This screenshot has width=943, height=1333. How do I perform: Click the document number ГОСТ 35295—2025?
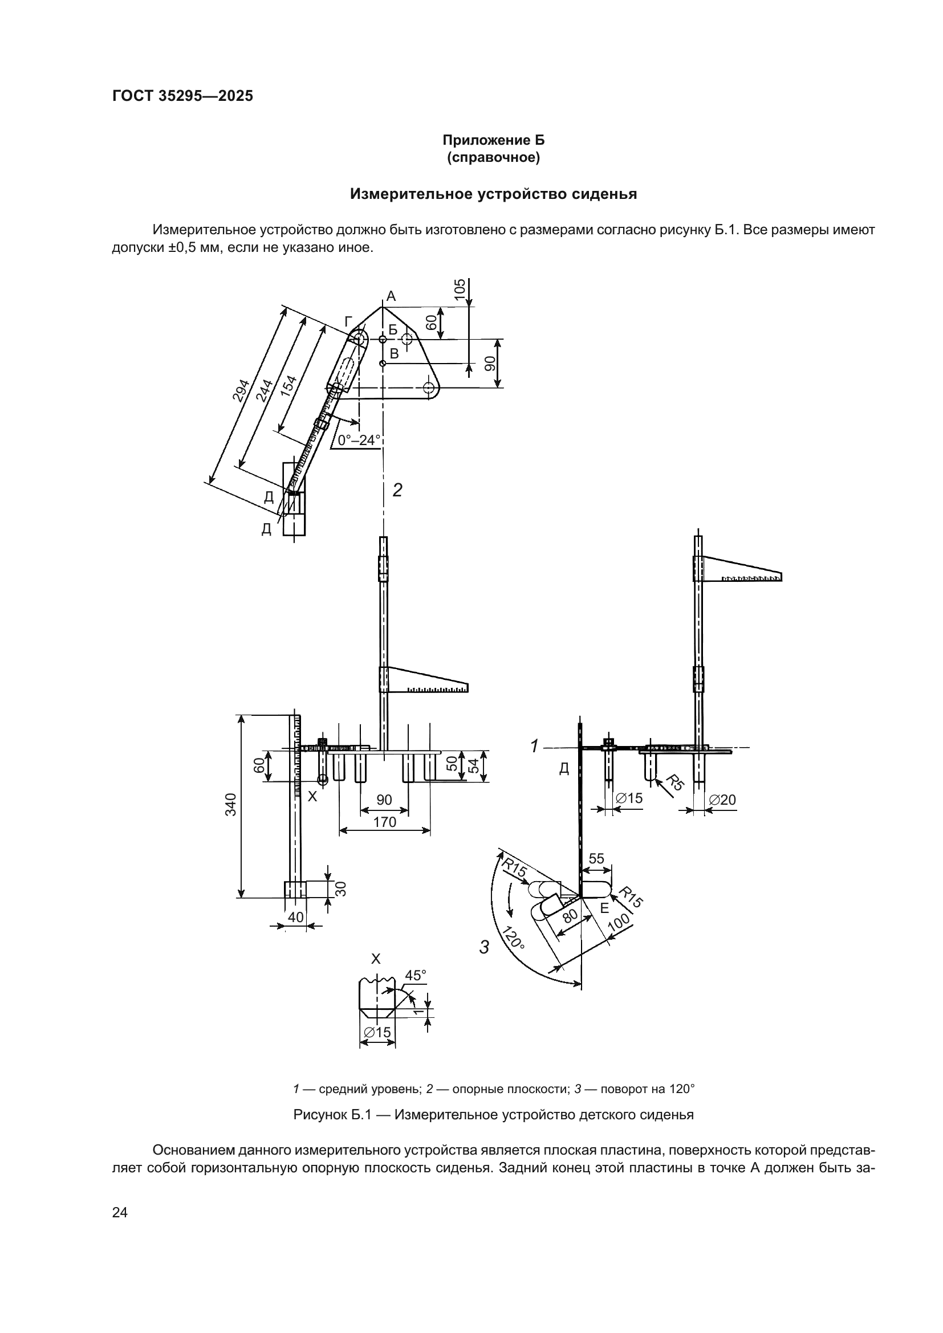[182, 96]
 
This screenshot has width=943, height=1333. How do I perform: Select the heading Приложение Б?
[493, 140]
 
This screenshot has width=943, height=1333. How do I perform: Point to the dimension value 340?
[231, 804]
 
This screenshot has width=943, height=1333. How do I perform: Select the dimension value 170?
[384, 822]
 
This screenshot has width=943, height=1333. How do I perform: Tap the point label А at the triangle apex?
[391, 296]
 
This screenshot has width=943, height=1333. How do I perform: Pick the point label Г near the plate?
[348, 321]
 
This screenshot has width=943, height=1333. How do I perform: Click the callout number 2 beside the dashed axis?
[397, 491]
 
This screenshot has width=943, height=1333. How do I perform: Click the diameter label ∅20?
[722, 800]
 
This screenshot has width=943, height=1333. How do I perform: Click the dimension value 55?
[596, 858]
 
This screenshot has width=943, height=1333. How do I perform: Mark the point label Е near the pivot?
[604, 908]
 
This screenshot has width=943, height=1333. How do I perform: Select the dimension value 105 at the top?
[460, 290]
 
